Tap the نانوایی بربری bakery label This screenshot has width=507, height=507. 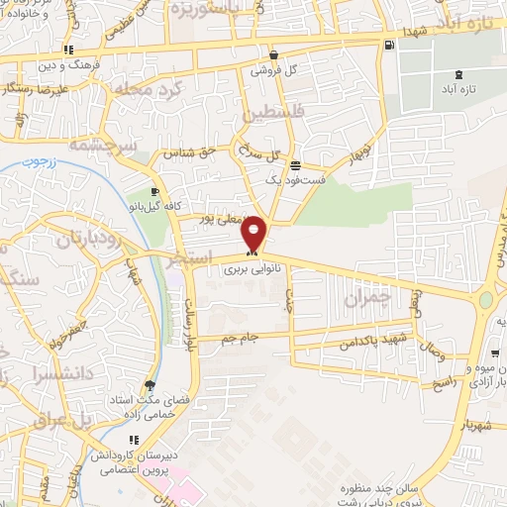pos(244,268)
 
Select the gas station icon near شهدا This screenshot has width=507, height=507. pos(388,44)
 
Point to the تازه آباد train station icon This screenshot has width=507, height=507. pos(457,74)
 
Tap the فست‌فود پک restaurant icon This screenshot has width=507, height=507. pos(295,164)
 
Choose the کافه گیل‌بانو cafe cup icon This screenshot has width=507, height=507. pos(154,192)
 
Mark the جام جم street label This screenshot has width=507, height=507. pos(240,338)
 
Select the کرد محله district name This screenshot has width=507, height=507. pos(149,92)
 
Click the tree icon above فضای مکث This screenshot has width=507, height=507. pos(150,385)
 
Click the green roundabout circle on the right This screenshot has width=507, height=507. pos(485,300)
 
